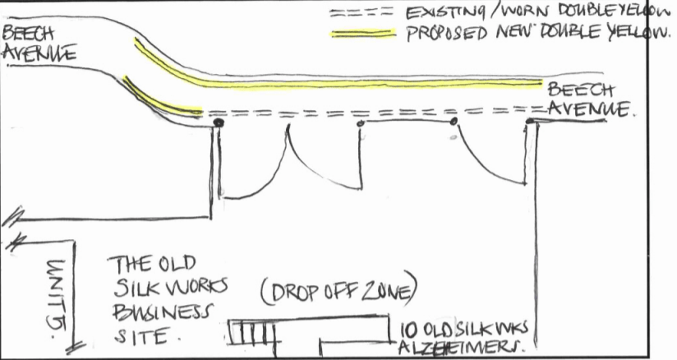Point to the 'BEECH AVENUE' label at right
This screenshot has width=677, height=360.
click(587, 99)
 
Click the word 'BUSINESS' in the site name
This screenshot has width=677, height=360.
click(161, 314)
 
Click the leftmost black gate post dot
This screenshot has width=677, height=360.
click(218, 123)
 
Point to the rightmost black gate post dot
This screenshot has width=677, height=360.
click(530, 122)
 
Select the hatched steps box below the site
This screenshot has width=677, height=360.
click(251, 333)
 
